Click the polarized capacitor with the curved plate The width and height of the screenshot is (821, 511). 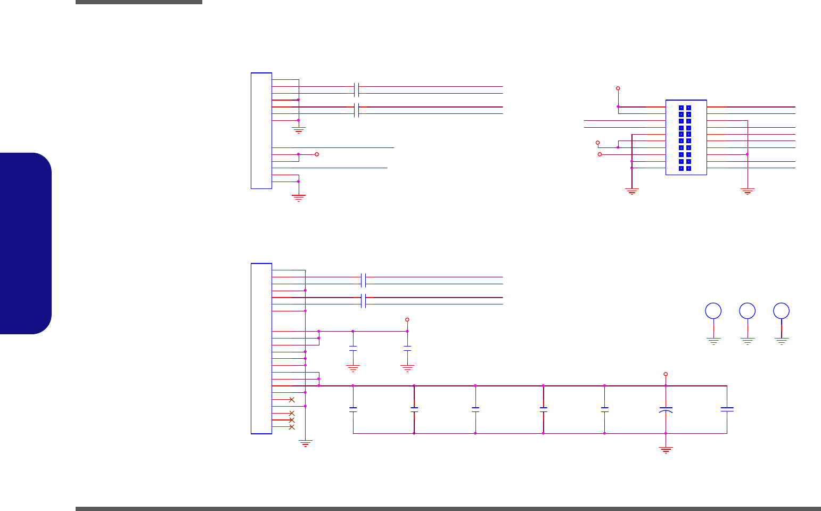tap(666, 410)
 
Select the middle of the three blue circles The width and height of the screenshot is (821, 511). tap(748, 311)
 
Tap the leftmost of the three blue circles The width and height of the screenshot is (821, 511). tap(713, 311)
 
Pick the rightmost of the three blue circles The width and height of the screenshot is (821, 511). tap(782, 311)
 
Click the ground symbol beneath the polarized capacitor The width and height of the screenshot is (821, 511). tap(666, 450)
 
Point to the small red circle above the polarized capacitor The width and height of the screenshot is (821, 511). tap(666, 374)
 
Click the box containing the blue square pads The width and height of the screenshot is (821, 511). tap(686, 137)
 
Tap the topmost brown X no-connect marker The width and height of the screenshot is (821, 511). tap(292, 400)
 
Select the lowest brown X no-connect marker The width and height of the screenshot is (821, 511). tap(292, 427)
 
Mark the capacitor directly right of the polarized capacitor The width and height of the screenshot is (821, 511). tap(727, 409)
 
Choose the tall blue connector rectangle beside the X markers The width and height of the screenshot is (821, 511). tap(261, 349)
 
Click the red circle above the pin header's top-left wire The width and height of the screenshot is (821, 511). tap(618, 88)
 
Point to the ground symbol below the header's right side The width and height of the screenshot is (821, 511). tap(748, 191)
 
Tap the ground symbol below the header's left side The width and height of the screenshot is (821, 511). tap(632, 191)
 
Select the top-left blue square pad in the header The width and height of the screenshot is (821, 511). tap(682, 108)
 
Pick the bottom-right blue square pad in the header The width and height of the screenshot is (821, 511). tap(688, 168)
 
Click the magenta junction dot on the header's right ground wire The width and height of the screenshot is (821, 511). tap(748, 154)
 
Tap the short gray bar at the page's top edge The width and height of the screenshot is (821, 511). tap(139, 2)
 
